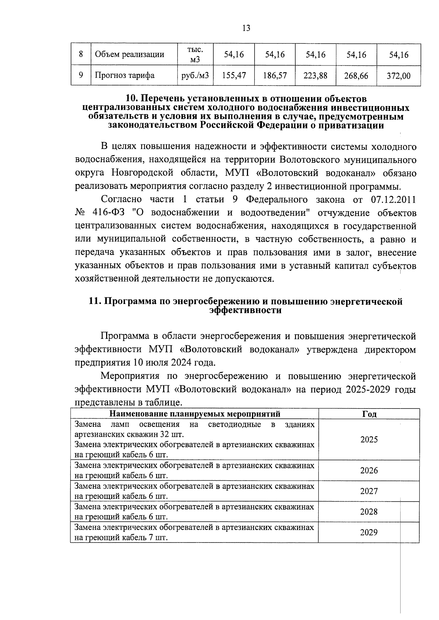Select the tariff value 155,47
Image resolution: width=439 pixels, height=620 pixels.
pos(234,76)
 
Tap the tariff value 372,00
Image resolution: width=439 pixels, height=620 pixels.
pos(398,76)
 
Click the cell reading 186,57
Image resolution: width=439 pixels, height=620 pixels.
pos(275,76)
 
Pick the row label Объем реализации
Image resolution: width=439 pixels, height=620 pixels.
pos(130,55)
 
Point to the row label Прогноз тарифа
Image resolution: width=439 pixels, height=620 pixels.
pos(124,76)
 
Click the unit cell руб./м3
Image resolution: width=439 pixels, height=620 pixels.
pos(195,76)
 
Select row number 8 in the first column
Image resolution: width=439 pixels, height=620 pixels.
pos(81,55)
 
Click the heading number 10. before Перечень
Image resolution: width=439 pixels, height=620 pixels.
pos(133,99)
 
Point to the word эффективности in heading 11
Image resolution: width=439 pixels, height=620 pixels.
pos(245,311)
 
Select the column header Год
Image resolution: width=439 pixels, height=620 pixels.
pos(369,414)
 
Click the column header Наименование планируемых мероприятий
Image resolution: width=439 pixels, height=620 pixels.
pos(195,414)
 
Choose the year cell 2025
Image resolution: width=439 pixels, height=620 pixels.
pos(369,440)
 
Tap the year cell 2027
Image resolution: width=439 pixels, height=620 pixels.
pos(369,491)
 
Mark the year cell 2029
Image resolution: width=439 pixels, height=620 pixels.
pos(369,533)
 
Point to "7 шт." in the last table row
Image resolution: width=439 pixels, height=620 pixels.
pos(159,538)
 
